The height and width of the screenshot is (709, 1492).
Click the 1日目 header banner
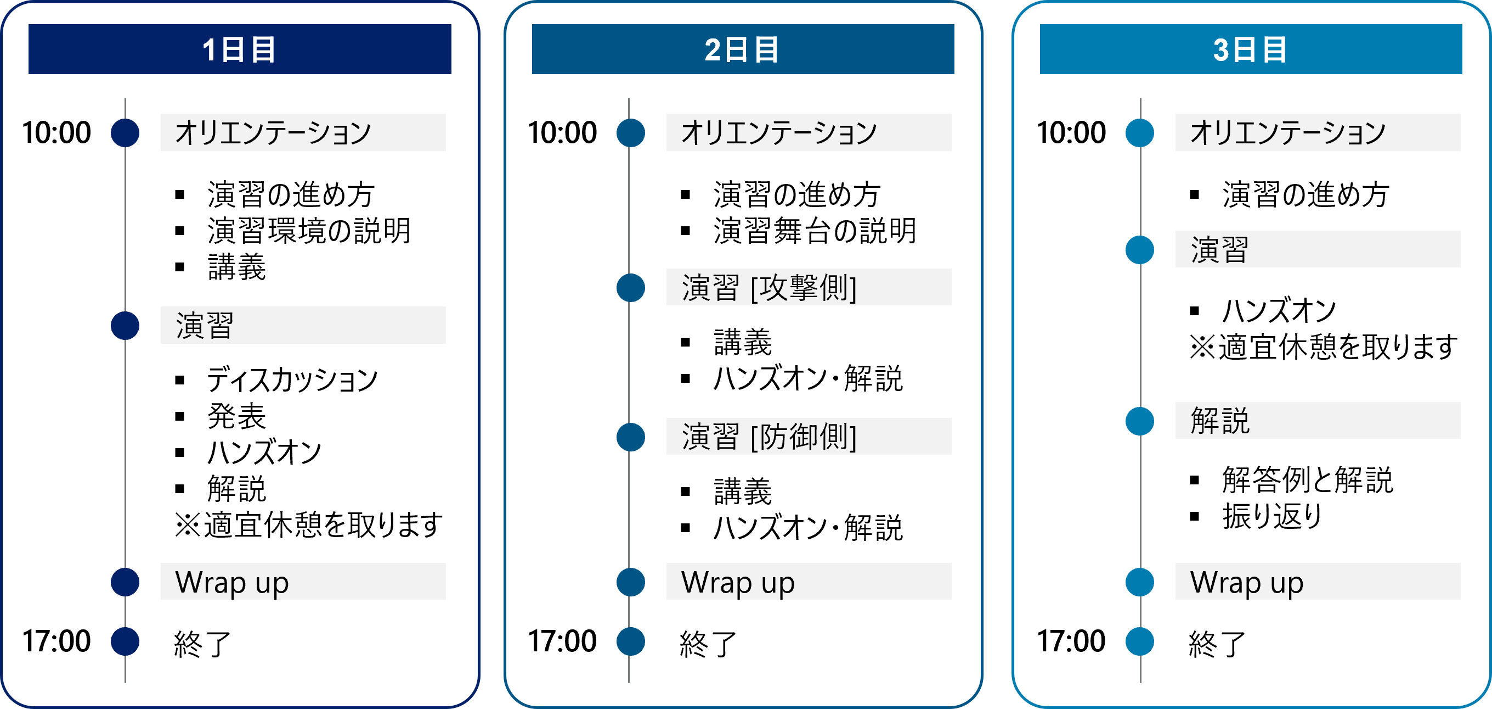click(240, 49)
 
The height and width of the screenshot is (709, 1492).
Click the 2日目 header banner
click(743, 49)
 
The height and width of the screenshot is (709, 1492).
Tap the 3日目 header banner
click(1251, 49)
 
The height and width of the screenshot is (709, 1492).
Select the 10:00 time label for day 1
click(56, 133)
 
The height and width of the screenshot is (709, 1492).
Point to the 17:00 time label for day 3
click(1071, 641)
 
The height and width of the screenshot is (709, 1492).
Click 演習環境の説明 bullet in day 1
click(309, 231)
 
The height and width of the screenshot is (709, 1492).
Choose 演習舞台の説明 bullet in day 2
click(815, 231)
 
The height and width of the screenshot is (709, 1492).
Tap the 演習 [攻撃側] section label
click(769, 288)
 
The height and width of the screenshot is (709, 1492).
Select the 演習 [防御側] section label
click(769, 437)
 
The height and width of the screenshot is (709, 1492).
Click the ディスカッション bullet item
click(292, 379)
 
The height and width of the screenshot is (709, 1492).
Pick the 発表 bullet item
click(237, 416)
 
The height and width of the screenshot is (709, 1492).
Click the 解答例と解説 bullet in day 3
click(1308, 480)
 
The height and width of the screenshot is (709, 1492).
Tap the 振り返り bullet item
click(1273, 516)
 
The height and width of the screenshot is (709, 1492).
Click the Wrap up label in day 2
click(738, 583)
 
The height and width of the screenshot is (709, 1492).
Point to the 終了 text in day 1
click(203, 644)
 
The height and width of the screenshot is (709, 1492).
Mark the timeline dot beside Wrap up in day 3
click(1140, 582)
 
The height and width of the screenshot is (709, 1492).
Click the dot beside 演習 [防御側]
click(631, 437)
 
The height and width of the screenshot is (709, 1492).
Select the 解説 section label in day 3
click(1220, 421)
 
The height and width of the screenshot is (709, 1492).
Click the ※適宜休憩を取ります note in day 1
click(309, 525)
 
